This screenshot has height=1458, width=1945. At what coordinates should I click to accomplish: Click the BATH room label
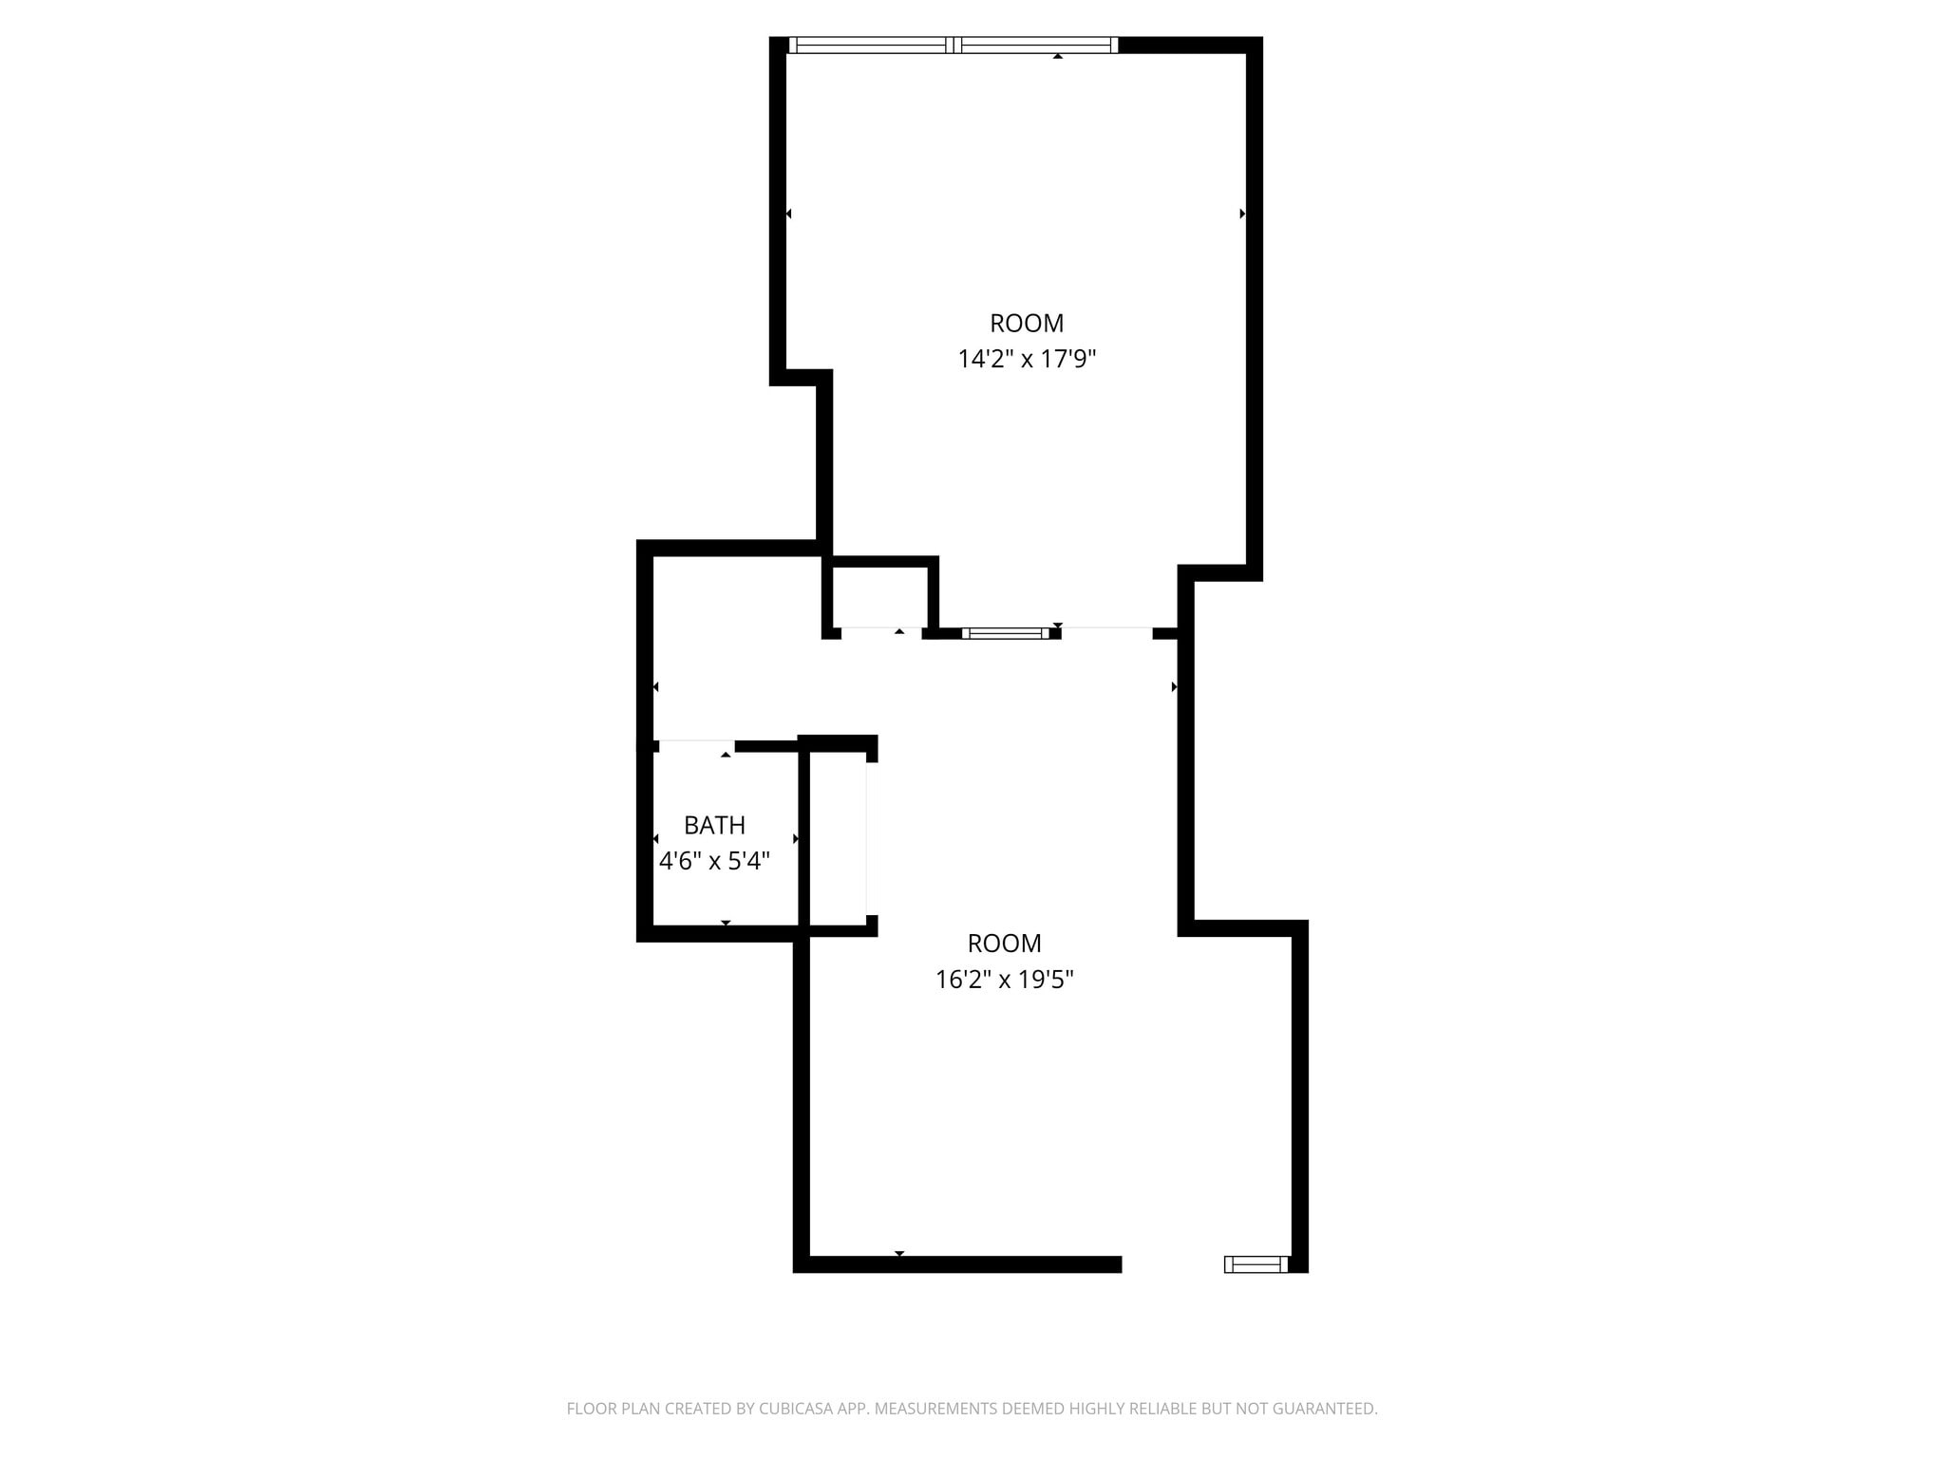pyautogui.click(x=714, y=825)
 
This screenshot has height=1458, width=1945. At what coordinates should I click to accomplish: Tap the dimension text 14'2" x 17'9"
pyautogui.click(x=1027, y=359)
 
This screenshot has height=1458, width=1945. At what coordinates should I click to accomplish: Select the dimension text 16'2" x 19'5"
pyautogui.click(x=1004, y=979)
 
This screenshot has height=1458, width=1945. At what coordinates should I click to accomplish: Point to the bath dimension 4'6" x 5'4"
pyautogui.click(x=714, y=861)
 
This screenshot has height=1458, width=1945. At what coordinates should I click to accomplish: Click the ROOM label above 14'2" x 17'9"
pyautogui.click(x=1027, y=324)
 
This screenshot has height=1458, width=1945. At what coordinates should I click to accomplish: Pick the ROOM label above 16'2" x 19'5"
pyautogui.click(x=1004, y=944)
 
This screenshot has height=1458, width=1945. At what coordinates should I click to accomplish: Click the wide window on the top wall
pyautogui.click(x=954, y=45)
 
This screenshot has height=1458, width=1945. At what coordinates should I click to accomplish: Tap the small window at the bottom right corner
pyautogui.click(x=1256, y=1263)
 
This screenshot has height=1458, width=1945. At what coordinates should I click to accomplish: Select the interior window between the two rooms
pyautogui.click(x=1006, y=633)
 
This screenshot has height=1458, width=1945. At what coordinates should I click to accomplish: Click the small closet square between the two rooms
pyautogui.click(x=880, y=598)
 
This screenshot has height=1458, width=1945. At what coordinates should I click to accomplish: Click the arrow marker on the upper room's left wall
pyautogui.click(x=788, y=214)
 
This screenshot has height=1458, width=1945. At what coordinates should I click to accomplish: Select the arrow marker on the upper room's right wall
pyautogui.click(x=1242, y=214)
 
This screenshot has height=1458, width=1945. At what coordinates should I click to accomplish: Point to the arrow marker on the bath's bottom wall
pyautogui.click(x=726, y=923)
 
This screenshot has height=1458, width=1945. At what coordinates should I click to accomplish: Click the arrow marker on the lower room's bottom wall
pyautogui.click(x=899, y=1254)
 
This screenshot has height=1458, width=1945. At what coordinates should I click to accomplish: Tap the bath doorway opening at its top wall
pyautogui.click(x=696, y=746)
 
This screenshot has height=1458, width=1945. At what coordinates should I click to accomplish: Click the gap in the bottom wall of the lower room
pyautogui.click(x=1173, y=1263)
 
